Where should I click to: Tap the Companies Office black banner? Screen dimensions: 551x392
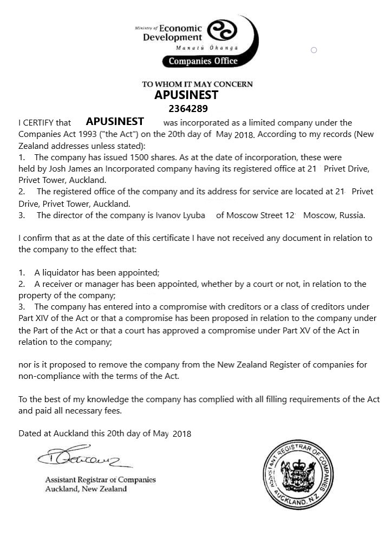click(x=202, y=61)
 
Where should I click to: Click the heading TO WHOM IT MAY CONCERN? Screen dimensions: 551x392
click(x=197, y=84)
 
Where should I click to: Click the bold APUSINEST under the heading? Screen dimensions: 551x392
click(x=186, y=95)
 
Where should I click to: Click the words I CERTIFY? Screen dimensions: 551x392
click(x=37, y=123)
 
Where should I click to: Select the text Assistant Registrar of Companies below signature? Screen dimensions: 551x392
click(x=100, y=480)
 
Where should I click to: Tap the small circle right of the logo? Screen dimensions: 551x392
click(x=313, y=50)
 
